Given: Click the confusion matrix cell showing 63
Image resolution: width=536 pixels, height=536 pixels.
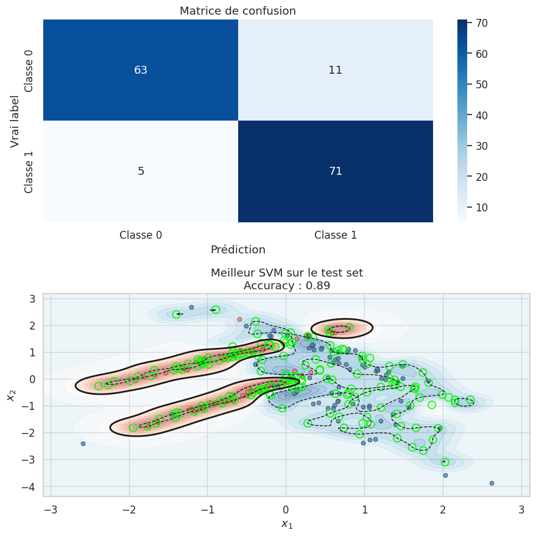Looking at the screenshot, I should tap(141, 70).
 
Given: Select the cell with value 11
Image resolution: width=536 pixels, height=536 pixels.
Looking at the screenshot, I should tap(336, 70).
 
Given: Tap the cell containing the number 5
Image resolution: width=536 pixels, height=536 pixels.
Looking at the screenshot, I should tap(141, 171).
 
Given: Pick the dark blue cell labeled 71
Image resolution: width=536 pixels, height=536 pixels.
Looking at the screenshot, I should tap(336, 171).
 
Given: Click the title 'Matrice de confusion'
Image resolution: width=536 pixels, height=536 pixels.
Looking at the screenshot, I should tap(238, 11).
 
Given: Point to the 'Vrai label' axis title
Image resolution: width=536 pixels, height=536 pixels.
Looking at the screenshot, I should tap(15, 121).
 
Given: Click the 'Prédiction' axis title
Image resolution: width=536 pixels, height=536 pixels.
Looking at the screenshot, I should tap(238, 250).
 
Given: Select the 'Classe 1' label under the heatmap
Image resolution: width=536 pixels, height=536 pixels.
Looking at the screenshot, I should tap(336, 234).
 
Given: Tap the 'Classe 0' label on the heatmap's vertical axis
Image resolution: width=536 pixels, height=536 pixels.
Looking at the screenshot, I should tap(29, 70).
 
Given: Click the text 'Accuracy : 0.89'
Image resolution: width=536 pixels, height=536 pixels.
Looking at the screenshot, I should tap(287, 285).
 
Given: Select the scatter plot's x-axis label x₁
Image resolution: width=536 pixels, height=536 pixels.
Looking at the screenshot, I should tap(287, 524).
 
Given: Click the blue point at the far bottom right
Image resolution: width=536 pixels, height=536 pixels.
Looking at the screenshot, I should tap(492, 483).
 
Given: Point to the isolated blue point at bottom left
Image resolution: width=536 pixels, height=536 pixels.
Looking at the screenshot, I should tap(83, 443).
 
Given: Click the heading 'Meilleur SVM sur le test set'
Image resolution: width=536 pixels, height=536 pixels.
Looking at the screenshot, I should tap(287, 272).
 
